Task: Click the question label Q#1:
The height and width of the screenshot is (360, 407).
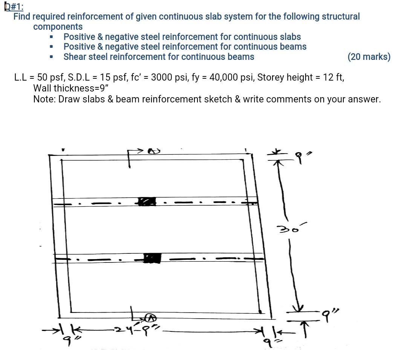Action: click(14, 7)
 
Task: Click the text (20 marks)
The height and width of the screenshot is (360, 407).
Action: click(369, 57)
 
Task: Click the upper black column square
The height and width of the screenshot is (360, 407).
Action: click(147, 201)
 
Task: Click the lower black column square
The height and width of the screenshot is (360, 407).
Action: click(152, 258)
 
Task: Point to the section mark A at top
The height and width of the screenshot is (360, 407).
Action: click(151, 151)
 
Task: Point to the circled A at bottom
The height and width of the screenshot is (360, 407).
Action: click(151, 318)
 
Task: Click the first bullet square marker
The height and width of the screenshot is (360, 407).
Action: click(51, 37)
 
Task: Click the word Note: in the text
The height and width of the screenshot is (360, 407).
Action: click(44, 99)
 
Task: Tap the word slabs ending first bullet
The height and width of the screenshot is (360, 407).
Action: click(290, 37)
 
